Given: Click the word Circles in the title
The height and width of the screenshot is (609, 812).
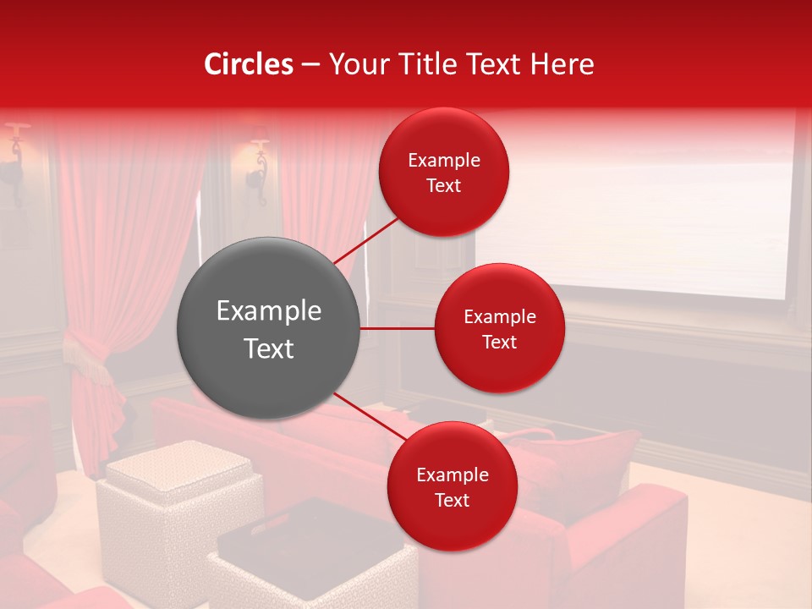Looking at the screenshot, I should click(x=249, y=64).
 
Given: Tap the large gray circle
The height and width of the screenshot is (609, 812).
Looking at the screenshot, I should click(x=268, y=328).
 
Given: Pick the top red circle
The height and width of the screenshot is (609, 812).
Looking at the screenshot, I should click(x=444, y=173).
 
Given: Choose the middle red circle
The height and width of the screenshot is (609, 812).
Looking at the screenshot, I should click(x=500, y=328).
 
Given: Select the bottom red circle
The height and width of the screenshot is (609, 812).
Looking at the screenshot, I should click(x=453, y=486).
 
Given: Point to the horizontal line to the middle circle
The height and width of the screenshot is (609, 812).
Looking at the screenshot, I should click(x=398, y=328).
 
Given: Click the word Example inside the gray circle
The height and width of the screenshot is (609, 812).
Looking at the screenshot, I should click(x=268, y=311).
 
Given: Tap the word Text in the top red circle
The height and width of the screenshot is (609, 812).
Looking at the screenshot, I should click(x=444, y=186).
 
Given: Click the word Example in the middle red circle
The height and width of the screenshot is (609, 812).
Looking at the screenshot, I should click(x=500, y=317).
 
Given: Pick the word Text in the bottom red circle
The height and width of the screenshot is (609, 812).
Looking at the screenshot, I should click(x=453, y=501).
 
